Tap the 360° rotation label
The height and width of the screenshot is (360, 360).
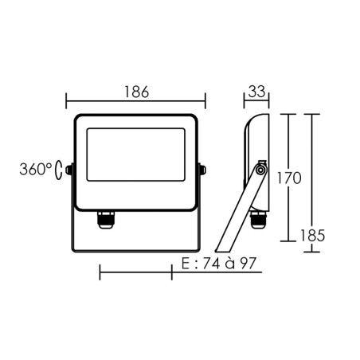[x=38, y=170]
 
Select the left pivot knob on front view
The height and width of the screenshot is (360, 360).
[x=70, y=170]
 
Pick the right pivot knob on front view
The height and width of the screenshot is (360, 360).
[x=202, y=170]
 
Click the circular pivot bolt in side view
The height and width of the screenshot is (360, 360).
[x=260, y=168]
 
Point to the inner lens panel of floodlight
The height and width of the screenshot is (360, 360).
[x=135, y=161]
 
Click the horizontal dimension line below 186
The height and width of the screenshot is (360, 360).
[x=135, y=101]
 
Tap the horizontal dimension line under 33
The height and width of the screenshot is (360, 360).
[x=256, y=101]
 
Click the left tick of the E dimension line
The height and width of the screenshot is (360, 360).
[x=100, y=273]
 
